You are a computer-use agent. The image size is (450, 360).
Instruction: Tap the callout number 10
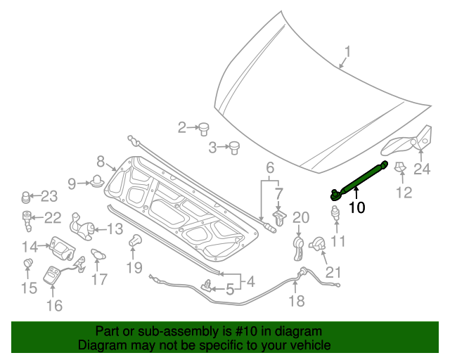pos(356,207)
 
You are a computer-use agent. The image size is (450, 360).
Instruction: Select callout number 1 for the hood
pos(347,52)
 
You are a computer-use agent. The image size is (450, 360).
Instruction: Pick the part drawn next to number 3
pos(233,147)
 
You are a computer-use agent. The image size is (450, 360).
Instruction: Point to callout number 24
pos(421,168)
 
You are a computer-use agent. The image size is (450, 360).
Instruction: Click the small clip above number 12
pos(401,168)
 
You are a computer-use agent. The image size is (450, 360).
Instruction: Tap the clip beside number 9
pos(96,182)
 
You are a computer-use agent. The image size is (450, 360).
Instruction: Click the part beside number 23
pos(27,196)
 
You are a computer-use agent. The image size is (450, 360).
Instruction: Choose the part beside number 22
pos(27,219)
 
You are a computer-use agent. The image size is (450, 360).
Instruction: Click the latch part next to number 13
pos(83,227)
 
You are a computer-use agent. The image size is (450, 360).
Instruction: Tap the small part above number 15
pos(29,264)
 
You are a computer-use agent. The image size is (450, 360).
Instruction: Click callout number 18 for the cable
pos(297,301)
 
